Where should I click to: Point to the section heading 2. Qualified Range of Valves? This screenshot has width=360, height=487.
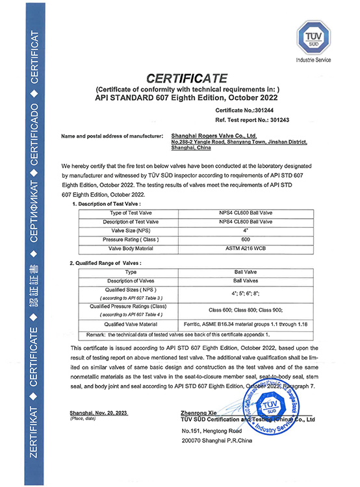pyautogui.click(x=105, y=263)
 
